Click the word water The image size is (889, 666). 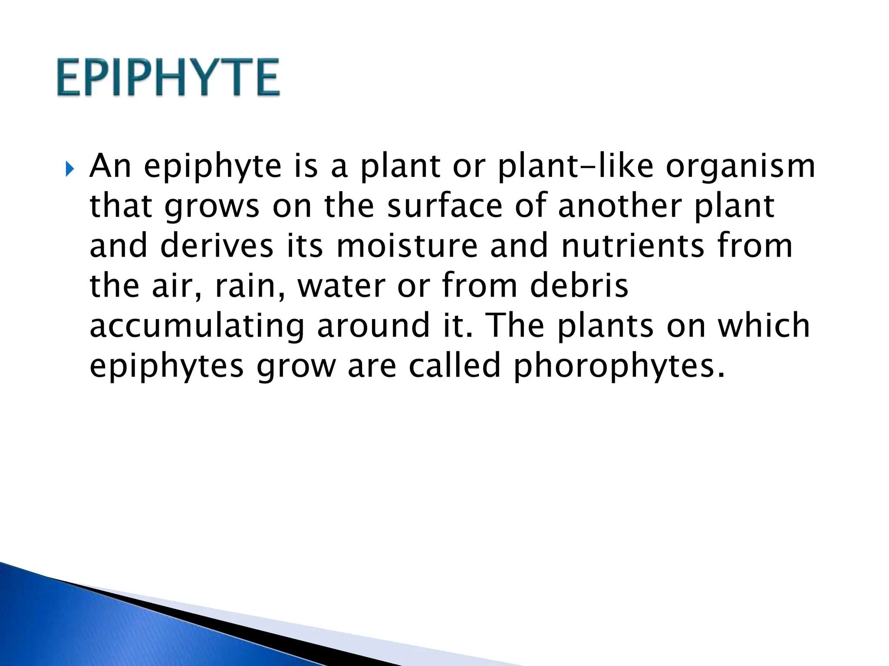point(341,286)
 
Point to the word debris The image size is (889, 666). point(579,286)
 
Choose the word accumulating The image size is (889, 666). point(197,326)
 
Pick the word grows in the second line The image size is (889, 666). point(211,207)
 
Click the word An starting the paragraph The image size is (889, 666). point(110,166)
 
